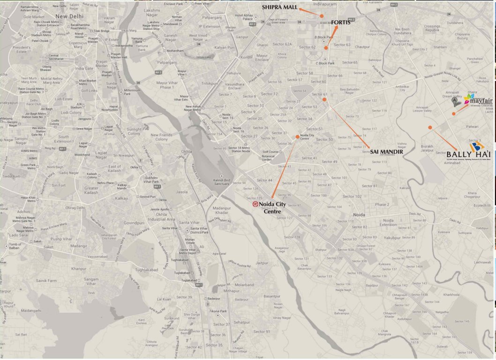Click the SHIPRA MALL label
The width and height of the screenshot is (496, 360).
279,7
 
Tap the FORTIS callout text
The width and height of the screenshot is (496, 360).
341,22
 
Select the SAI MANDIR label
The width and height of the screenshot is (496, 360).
386,151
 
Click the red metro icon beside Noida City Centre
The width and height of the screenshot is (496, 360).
255,204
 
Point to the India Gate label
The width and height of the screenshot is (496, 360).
84,68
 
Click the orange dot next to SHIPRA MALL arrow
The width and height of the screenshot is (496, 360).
322,16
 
